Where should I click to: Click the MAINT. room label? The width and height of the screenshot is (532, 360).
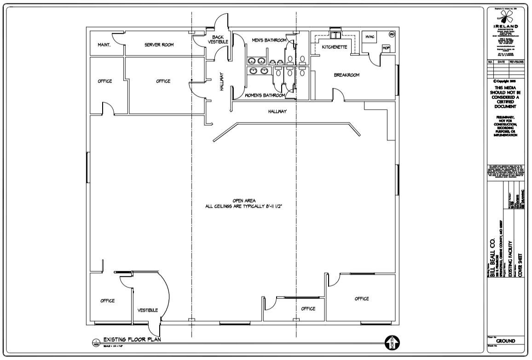102,45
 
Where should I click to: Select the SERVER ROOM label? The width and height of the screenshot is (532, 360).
159,45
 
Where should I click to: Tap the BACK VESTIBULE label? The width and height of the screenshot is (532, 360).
218,40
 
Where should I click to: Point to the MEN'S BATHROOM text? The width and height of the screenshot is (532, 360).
269,41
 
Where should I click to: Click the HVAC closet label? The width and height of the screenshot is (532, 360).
370,37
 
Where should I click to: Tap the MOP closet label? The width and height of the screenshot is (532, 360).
386,48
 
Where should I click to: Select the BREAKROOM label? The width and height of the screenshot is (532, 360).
347,75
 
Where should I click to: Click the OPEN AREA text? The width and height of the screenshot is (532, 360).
243,201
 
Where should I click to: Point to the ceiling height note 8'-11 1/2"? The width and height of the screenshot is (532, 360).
243,207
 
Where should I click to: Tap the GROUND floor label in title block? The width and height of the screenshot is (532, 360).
505,341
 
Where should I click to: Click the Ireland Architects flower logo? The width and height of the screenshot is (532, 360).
505,18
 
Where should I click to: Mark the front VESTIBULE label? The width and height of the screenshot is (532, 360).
148,310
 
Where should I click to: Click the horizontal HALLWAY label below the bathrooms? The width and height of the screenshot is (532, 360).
278,111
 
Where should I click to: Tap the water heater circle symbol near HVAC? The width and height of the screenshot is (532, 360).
392,35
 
